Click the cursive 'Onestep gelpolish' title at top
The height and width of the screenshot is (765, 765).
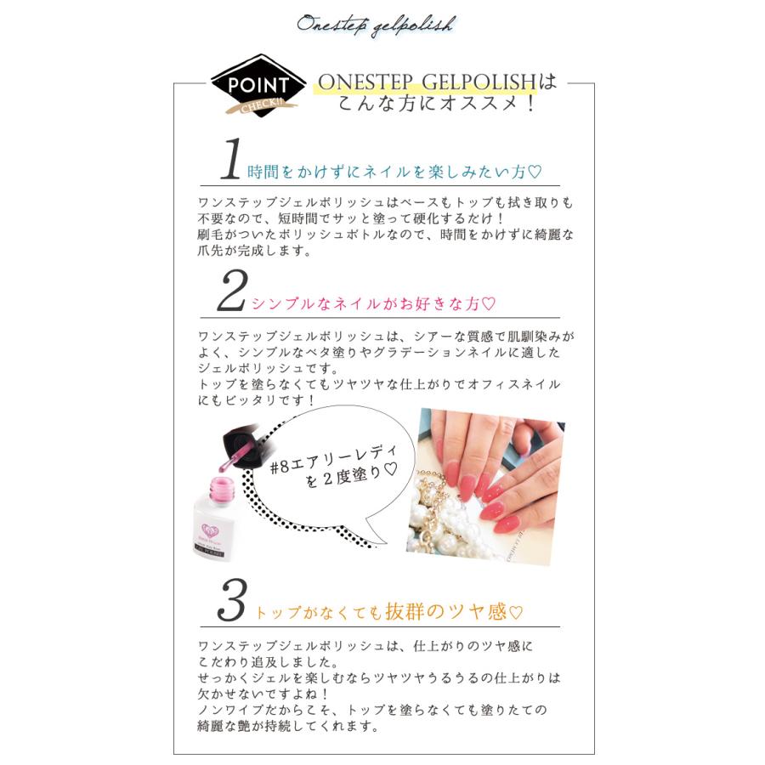click(376, 24)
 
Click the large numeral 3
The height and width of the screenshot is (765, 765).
click(231, 602)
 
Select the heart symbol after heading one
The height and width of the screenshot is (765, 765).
click(534, 173)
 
